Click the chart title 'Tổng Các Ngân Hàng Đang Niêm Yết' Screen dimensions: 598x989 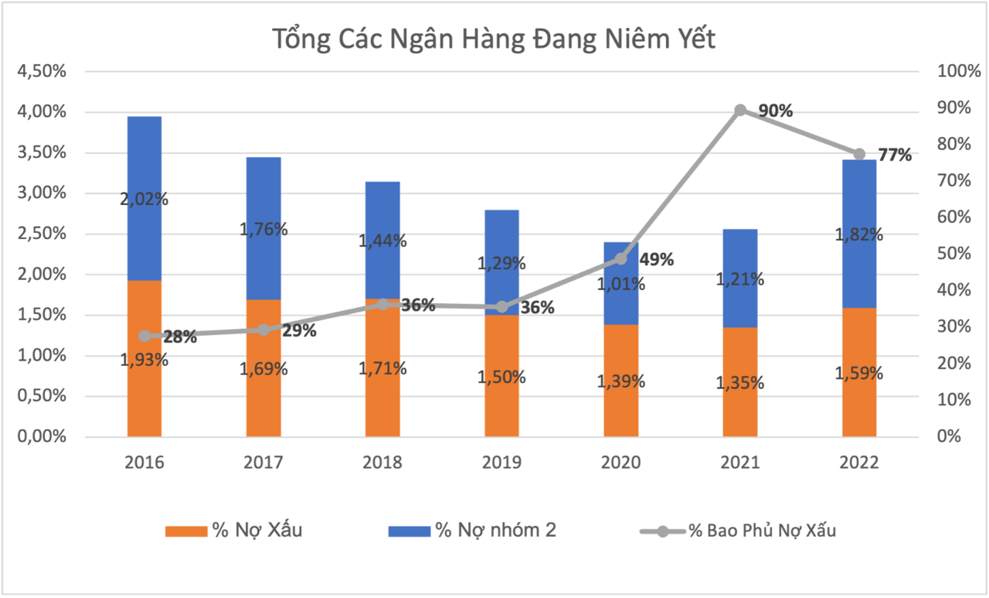[494, 39]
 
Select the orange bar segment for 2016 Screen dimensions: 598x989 [144, 395]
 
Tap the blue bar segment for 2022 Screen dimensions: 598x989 [859, 201]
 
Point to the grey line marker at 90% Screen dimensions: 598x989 [740, 110]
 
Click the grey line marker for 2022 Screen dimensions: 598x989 [859, 154]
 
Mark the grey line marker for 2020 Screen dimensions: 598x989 [621, 259]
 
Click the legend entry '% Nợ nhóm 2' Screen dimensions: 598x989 [471, 531]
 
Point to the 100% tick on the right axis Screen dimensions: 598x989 [957, 72]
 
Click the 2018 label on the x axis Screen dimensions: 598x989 [382, 463]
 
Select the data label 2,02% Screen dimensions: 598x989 [144, 199]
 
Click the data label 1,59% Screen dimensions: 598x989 [859, 373]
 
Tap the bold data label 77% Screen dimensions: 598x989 [895, 155]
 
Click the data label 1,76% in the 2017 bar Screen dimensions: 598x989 [263, 229]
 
